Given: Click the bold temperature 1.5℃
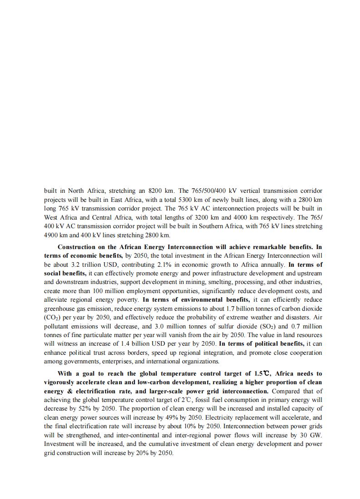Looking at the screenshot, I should pos(262,373).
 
